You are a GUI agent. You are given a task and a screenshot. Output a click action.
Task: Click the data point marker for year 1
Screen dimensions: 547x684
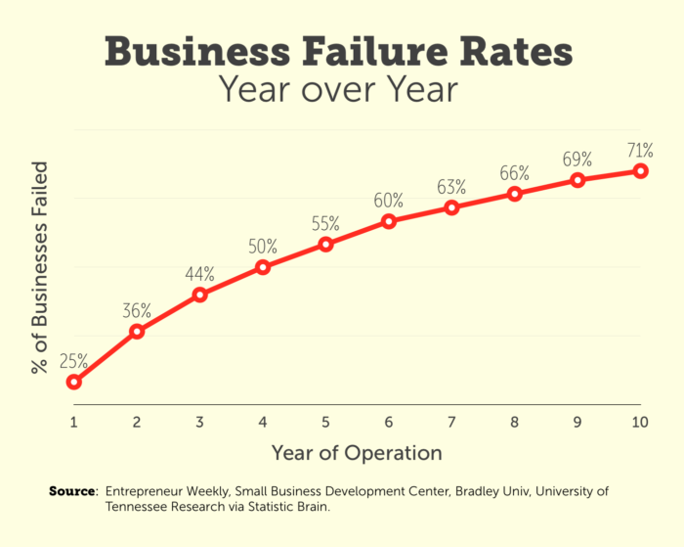click(74, 382)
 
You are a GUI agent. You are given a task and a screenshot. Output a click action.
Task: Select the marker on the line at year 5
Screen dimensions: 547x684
click(326, 244)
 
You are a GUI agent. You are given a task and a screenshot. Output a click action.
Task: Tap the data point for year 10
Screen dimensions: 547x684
click(641, 170)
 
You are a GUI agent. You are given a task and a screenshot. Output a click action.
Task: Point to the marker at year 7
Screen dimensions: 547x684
click(451, 207)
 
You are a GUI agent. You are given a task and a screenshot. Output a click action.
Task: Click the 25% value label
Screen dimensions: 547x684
click(74, 360)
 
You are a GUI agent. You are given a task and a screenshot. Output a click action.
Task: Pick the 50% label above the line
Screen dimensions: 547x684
click(263, 246)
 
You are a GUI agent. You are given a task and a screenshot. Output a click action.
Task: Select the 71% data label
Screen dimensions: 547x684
click(640, 150)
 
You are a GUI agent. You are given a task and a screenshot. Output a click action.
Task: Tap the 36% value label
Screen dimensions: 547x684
click(137, 311)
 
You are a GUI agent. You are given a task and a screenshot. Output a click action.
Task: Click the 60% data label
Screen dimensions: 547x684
click(389, 201)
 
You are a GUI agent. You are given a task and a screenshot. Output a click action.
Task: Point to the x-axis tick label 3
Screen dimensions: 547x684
click(199, 422)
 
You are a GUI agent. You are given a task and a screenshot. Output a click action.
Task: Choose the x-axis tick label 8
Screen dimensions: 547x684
click(515, 422)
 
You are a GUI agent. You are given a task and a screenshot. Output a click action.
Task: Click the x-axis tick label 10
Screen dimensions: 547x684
click(640, 422)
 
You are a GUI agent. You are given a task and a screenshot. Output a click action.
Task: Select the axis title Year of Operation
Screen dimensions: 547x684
click(356, 453)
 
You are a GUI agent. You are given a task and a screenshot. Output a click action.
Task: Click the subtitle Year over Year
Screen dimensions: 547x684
click(337, 89)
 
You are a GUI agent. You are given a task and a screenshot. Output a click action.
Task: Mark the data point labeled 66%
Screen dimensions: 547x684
click(515, 194)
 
